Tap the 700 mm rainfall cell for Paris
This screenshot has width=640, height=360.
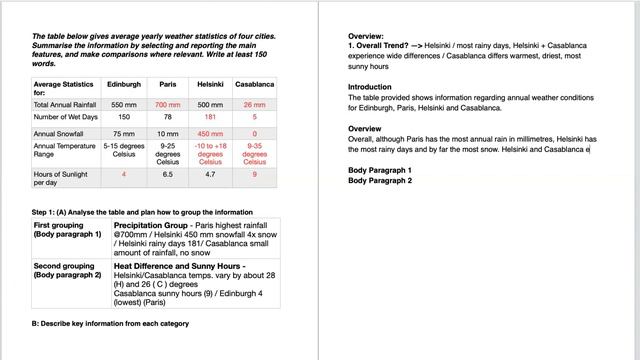pos(167,104)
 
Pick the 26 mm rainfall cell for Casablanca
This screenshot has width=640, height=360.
pos(255,104)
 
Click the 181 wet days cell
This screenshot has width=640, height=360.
pos(210,117)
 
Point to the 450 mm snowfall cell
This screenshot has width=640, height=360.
pos(210,133)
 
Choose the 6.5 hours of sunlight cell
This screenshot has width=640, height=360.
pos(167,174)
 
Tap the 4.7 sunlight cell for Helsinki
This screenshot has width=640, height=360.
pos(210,174)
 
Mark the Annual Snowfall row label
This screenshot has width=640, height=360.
pos(58,133)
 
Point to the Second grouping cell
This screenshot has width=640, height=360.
pos(68,267)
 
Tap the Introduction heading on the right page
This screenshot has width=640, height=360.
pos(370,87)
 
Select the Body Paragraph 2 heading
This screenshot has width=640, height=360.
pos(380,181)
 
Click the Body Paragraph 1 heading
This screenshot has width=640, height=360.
pos(380,171)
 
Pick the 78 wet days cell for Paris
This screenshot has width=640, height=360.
pos(167,117)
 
